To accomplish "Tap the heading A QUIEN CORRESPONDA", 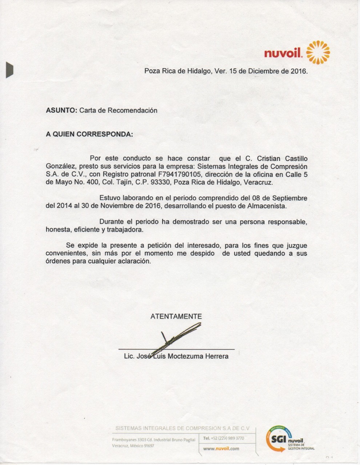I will pos(89,134).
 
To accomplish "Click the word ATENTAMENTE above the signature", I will pos(176,316).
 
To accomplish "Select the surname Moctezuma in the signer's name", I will pos(185,356).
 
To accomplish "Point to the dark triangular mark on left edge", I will pos(9,70).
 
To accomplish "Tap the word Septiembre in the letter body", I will pos(288,198).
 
